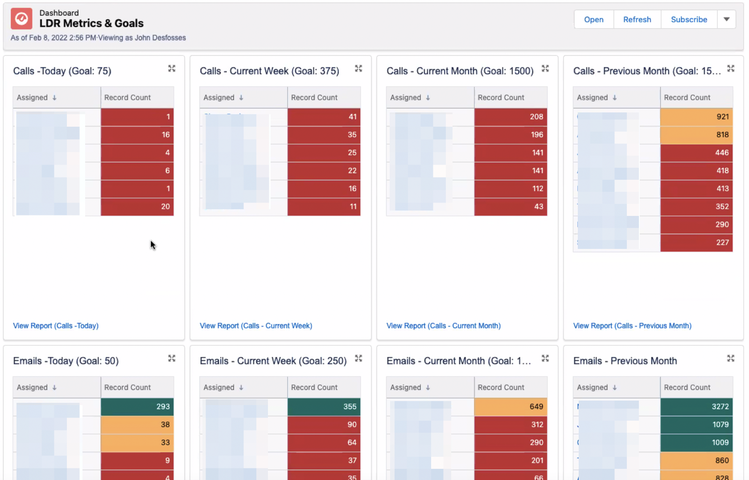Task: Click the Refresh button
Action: pos(637,20)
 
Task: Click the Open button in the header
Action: pos(593,20)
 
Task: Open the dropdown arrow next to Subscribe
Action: pos(726,20)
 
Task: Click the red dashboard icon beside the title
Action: pos(21,19)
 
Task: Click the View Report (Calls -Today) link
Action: pos(56,326)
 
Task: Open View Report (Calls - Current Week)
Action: pos(255,326)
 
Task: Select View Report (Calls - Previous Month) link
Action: pos(632,326)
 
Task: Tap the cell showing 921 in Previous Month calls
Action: pos(696,117)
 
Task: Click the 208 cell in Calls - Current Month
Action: pos(510,117)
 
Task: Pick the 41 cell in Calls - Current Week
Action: pos(324,117)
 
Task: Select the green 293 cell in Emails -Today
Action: pos(137,406)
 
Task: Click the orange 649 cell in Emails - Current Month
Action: pos(510,406)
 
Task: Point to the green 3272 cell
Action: pos(696,406)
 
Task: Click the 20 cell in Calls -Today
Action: pos(137,207)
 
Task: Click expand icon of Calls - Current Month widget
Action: pos(545,69)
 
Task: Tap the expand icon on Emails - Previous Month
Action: pos(730,359)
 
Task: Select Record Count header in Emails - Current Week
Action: pos(314,387)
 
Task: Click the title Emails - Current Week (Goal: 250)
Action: pos(273,361)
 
